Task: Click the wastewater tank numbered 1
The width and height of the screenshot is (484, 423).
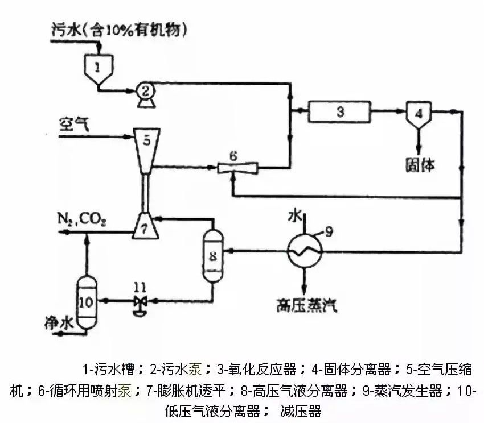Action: (98, 69)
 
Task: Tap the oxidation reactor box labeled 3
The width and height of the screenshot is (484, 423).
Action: (340, 111)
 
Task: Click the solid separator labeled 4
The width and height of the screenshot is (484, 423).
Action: (419, 113)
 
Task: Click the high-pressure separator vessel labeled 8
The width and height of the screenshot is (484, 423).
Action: (212, 255)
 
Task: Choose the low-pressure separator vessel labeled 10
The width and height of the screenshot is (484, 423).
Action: (87, 302)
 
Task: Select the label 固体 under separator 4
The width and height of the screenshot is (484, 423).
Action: (420, 165)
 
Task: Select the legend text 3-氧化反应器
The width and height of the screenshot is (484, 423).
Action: (257, 370)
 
